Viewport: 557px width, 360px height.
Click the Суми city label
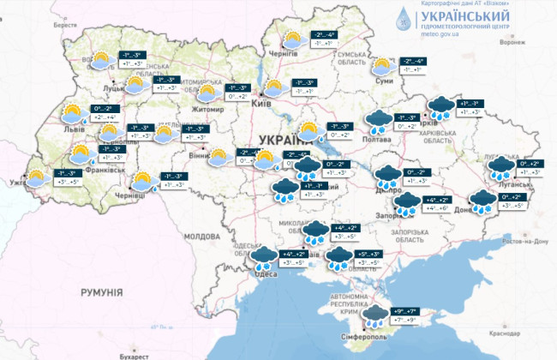pos(385,81)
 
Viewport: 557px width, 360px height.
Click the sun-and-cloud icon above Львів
pos(72,112)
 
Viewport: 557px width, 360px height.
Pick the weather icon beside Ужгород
pos(37,177)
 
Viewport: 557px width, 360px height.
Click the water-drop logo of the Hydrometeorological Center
pos(401,19)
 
